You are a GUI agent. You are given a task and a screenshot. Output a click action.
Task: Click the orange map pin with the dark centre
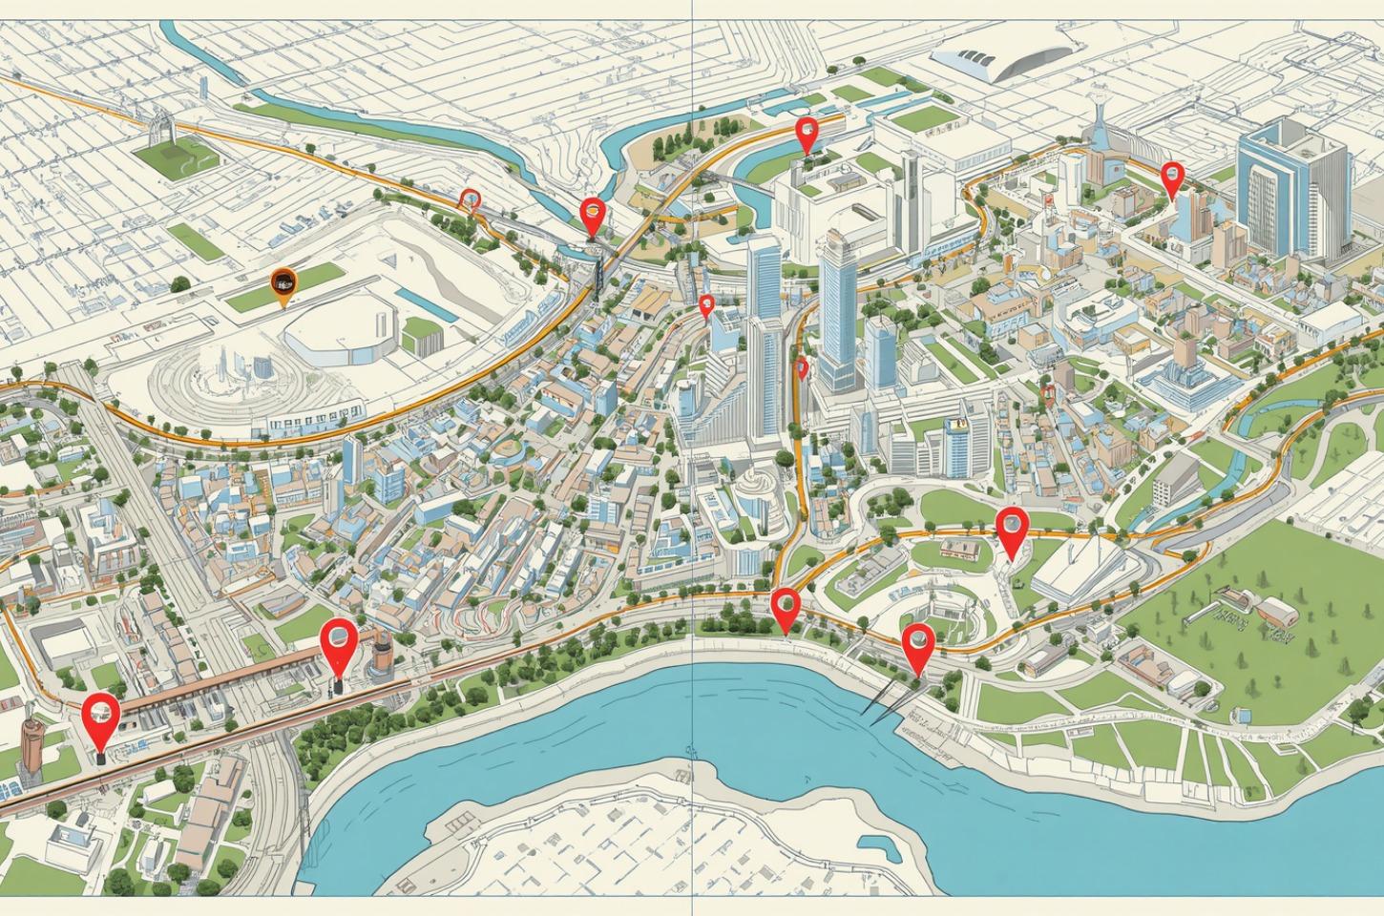click(283, 282)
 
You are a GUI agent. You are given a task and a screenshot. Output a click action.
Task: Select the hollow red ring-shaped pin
click(469, 198)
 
